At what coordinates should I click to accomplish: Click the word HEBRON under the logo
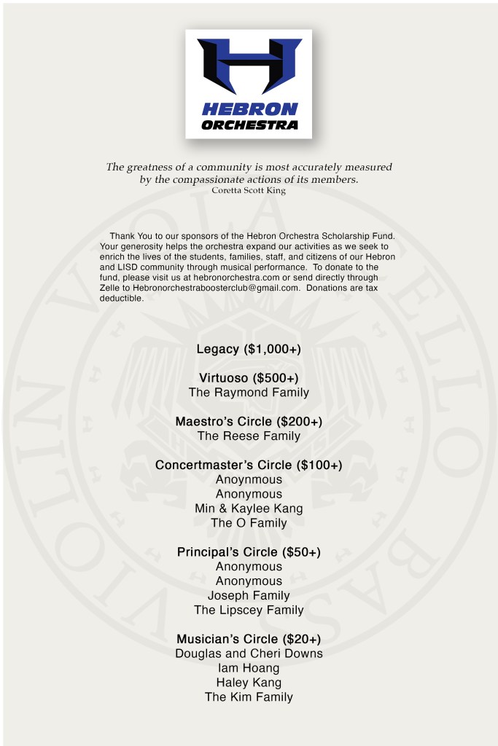[x=249, y=109]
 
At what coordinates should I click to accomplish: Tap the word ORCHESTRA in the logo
[x=249, y=125]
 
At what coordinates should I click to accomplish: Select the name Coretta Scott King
[x=248, y=191]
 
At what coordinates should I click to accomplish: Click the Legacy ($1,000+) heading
[x=249, y=349]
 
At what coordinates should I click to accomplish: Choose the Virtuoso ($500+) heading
[x=249, y=378]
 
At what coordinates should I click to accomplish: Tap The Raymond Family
[x=249, y=393]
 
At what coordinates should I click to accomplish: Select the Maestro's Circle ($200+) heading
[x=249, y=422]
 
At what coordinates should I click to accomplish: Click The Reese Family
[x=249, y=436]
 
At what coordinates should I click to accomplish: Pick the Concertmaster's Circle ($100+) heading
[x=249, y=465]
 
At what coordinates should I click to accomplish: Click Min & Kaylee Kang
[x=249, y=509]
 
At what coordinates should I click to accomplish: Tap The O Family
[x=249, y=523]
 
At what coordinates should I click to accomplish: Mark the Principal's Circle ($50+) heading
[x=249, y=552]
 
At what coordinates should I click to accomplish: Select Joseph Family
[x=249, y=596]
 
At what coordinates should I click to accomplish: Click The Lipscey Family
[x=249, y=610]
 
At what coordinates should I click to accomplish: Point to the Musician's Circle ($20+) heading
[x=249, y=639]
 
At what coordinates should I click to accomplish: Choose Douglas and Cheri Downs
[x=249, y=653]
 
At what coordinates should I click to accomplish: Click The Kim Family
[x=249, y=697]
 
